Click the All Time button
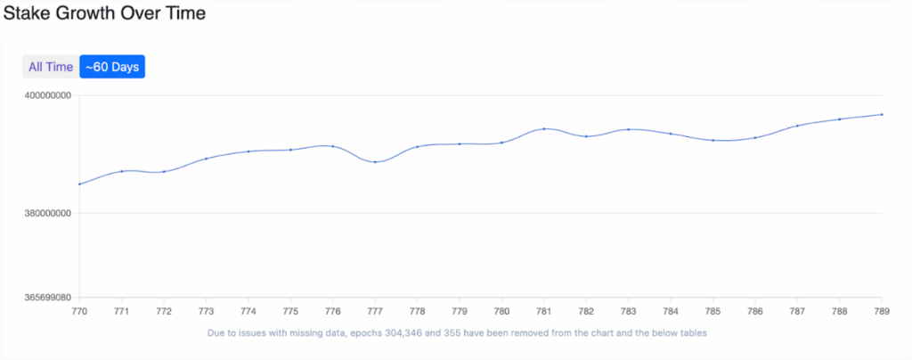pos(51,67)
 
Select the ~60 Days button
pos(112,67)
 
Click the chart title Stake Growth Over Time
pos(104,14)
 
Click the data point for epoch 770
pos(79,184)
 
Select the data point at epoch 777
pos(375,161)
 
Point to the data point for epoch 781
pos(544,129)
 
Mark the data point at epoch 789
pos(882,114)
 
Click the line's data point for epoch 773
pos(206,159)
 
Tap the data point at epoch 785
pos(712,140)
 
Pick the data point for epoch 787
pos(797,126)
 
